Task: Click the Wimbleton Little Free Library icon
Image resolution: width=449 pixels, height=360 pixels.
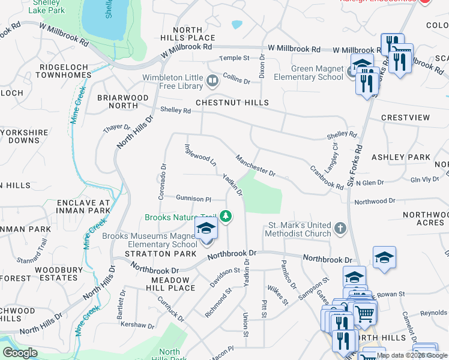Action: tap(211, 80)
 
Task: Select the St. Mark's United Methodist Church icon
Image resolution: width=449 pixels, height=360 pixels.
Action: tap(340, 228)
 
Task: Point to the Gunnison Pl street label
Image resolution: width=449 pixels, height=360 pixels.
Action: tap(193, 198)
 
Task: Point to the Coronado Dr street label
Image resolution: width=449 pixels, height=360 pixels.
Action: tap(163, 173)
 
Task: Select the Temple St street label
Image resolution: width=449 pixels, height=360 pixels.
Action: tap(234, 58)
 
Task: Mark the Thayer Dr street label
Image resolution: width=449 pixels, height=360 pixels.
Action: tap(116, 127)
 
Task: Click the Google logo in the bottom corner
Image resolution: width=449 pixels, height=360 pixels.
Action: tap(20, 353)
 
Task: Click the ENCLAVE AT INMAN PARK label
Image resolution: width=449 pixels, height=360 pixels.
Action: tap(83, 207)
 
